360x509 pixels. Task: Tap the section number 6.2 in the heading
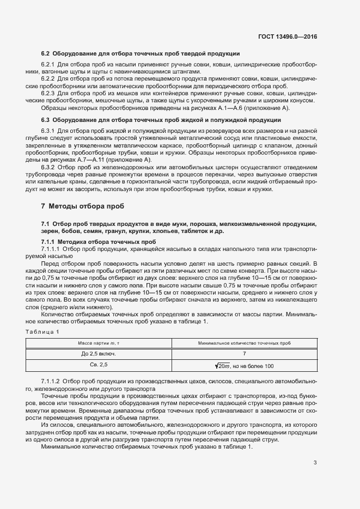point(46,54)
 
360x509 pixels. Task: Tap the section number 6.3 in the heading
point(46,120)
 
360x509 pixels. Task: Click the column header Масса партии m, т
point(99,343)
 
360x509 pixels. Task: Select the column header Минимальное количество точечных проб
point(245,343)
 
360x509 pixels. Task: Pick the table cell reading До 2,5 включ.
point(99,354)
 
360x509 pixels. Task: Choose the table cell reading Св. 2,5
point(99,365)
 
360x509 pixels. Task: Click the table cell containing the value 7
point(245,354)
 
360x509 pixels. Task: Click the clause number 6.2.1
point(48,65)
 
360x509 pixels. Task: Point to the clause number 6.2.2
point(48,79)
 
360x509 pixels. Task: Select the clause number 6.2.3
point(48,93)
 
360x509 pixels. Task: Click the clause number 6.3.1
point(48,131)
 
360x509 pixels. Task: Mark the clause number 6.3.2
point(48,168)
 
